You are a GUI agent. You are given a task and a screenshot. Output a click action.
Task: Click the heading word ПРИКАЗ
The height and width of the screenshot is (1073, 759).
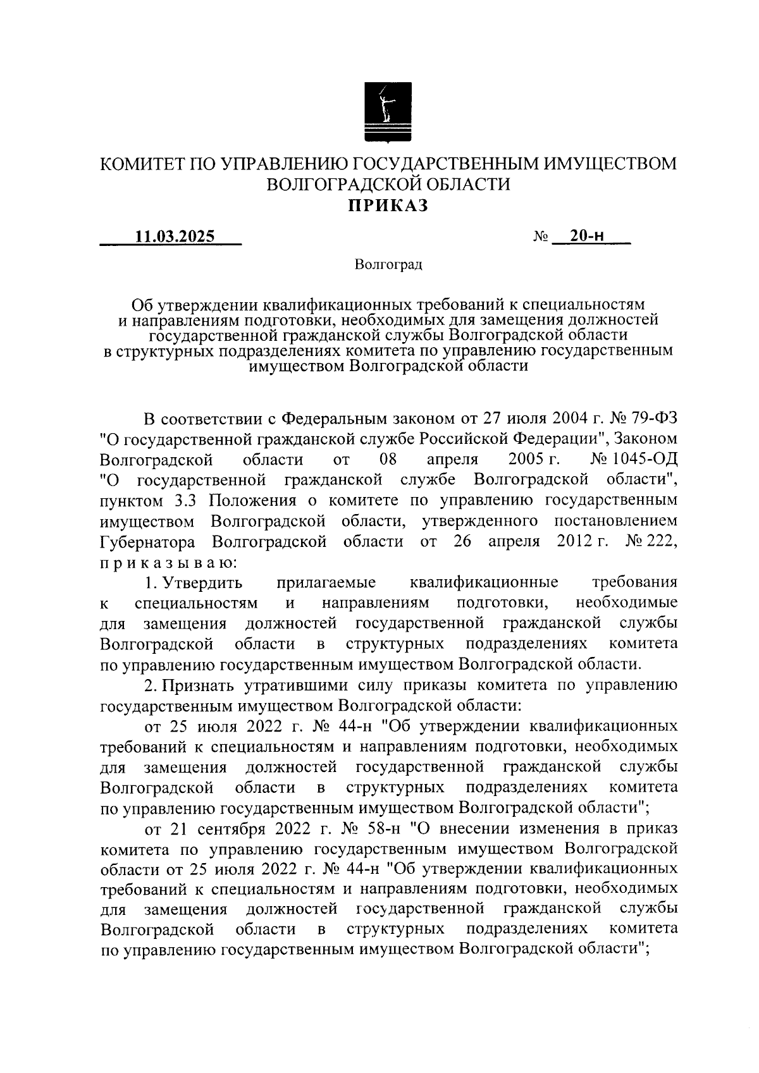tap(386, 205)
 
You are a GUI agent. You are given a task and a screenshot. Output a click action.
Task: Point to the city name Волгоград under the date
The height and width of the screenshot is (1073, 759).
tap(388, 264)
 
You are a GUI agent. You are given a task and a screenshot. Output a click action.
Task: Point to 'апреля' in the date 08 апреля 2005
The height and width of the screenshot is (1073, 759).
tap(453, 460)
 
